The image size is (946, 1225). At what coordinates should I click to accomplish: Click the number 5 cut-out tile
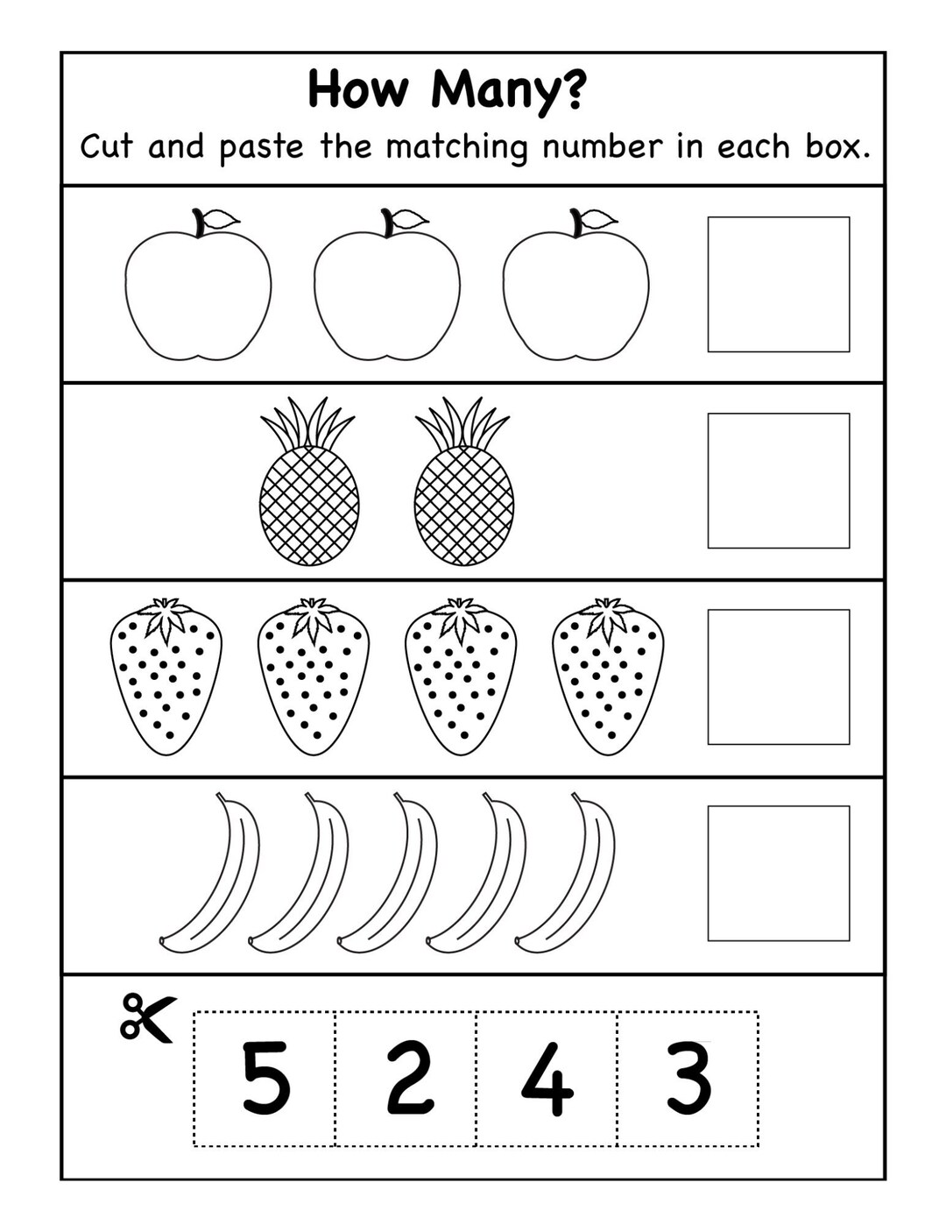tap(265, 1078)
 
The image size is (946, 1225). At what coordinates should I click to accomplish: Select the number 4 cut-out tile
tap(547, 1078)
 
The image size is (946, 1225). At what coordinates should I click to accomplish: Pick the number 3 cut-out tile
tap(688, 1078)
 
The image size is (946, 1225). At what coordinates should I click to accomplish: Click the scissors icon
tap(146, 1016)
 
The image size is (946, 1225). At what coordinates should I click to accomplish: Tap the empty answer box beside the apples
tap(778, 284)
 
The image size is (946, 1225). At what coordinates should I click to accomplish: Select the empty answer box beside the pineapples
tap(778, 480)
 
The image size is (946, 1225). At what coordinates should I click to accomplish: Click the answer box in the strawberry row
tap(778, 676)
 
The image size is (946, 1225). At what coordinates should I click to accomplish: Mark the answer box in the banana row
tap(778, 873)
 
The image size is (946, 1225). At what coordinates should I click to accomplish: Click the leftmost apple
tap(198, 294)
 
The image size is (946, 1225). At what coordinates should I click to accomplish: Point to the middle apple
tap(387, 294)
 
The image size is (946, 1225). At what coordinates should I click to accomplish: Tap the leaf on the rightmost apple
tap(597, 219)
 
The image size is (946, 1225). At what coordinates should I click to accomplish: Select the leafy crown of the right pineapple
tap(462, 422)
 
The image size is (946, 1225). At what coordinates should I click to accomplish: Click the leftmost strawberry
tap(166, 679)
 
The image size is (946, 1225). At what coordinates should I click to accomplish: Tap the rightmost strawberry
tap(608, 679)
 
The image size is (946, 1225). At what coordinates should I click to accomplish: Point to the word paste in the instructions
tap(261, 146)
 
